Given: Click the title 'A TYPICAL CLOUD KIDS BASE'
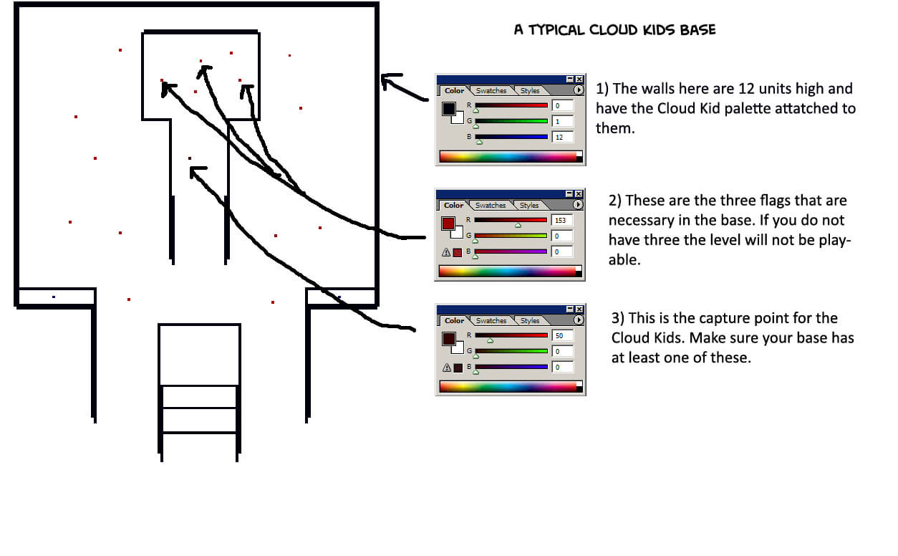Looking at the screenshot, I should tap(614, 30).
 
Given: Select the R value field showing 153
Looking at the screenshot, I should tap(561, 221).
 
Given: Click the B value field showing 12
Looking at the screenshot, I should tap(561, 137).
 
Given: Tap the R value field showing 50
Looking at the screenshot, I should tap(561, 336).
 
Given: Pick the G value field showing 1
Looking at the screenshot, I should tap(561, 121).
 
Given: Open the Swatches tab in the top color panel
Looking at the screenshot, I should tap(491, 91).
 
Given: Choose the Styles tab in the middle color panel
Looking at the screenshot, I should tap(529, 206).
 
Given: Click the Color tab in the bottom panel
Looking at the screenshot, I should tap(454, 321).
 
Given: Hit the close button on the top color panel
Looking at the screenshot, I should tap(579, 80).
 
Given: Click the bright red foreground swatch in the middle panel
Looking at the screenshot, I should tap(448, 224).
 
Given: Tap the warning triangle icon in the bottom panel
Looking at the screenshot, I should tap(446, 368).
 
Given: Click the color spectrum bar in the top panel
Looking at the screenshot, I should tap(509, 156).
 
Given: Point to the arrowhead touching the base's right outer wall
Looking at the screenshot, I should tap(387, 80).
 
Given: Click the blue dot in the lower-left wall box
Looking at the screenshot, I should tap(53, 297).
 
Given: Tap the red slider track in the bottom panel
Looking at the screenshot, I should tap(511, 335).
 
